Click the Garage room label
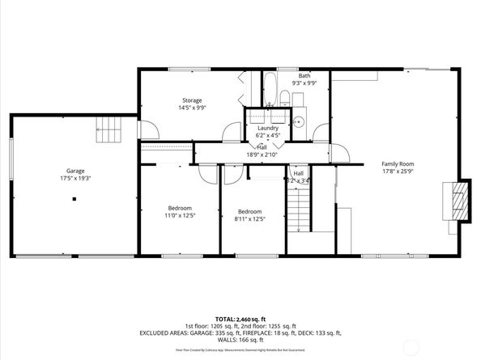click(75, 171)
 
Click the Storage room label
click(192, 100)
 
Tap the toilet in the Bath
click(285, 100)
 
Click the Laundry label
click(268, 128)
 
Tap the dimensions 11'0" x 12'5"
click(180, 216)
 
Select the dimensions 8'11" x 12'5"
click(250, 218)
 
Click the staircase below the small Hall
click(301, 206)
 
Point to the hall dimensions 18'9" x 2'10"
click(262, 154)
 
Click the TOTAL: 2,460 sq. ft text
click(240, 319)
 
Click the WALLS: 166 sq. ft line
click(240, 339)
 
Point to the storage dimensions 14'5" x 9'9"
click(192, 108)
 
